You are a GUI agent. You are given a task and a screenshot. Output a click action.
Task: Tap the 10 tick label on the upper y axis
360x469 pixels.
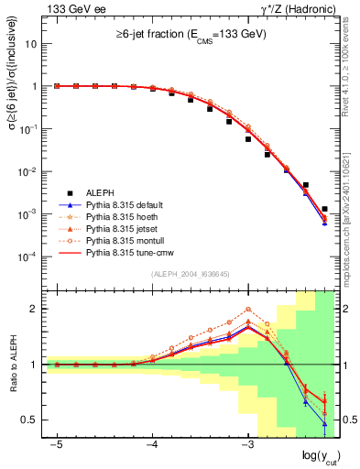(36, 43)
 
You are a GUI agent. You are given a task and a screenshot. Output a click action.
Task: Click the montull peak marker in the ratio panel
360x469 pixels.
(248, 310)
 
